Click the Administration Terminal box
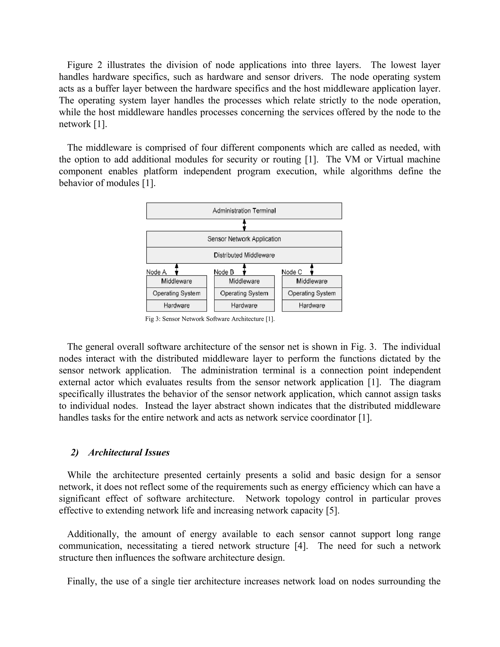tap(244, 211)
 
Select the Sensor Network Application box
tap(244, 239)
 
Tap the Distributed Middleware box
tap(244, 255)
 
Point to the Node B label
tap(224, 272)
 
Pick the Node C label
tap(292, 272)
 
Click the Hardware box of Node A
tap(177, 305)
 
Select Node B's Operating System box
tap(244, 293)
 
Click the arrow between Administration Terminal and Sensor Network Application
tap(244, 225)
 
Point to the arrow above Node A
tap(177, 269)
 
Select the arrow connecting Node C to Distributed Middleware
tap(312, 269)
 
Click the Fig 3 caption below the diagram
tap(210, 319)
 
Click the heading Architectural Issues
tap(129, 452)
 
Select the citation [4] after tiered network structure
tap(301, 546)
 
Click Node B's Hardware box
tap(244, 305)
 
